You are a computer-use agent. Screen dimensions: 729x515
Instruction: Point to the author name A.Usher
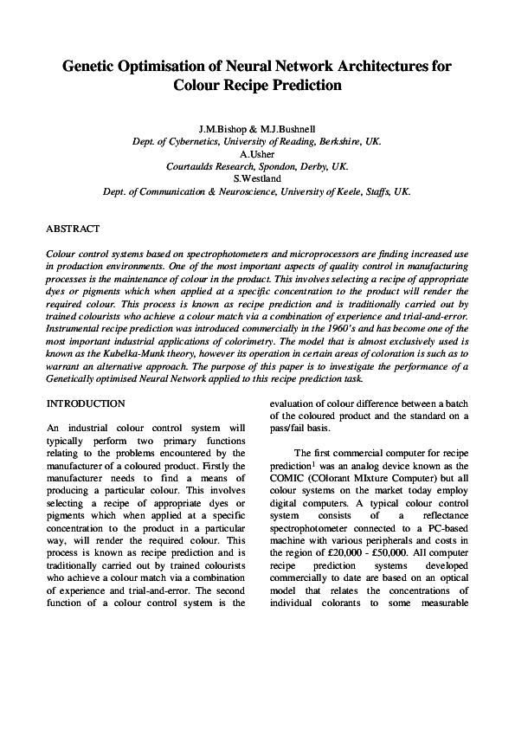257,153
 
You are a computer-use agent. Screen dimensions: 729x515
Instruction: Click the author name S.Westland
257,178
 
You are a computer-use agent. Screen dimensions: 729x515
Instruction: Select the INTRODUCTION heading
86,403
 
